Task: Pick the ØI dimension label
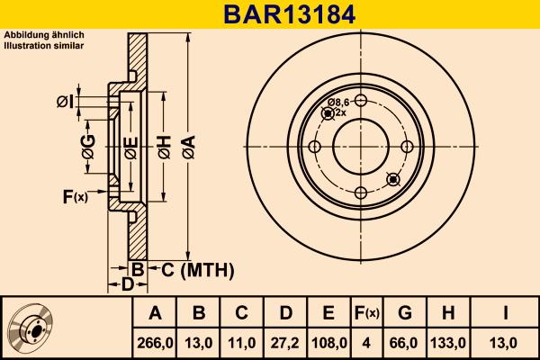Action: (64, 101)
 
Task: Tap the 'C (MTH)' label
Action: (192, 269)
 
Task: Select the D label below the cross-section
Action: (128, 284)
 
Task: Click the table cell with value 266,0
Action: (155, 342)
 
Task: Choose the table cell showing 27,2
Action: (285, 342)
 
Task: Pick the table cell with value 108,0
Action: (328, 342)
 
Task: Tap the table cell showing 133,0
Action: (450, 342)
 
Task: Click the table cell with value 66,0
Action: (405, 342)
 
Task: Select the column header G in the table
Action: (405, 313)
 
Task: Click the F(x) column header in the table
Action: (366, 313)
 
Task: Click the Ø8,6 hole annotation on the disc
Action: (339, 103)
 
